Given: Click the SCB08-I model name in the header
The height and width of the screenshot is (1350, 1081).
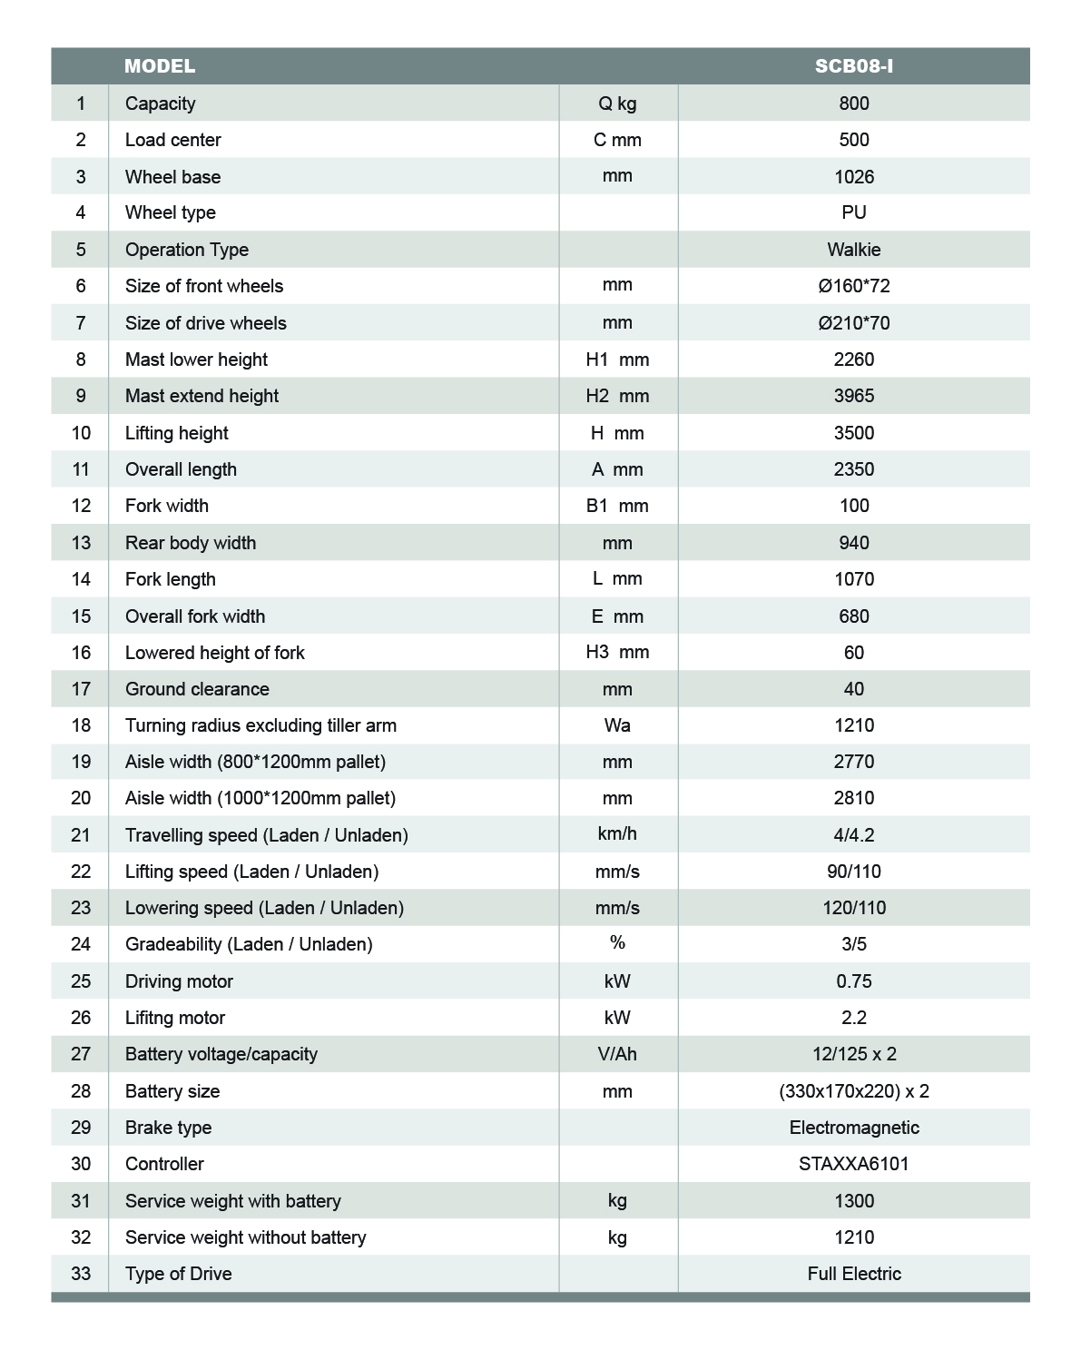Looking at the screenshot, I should [853, 66].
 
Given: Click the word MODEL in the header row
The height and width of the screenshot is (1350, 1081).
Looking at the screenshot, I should [160, 66].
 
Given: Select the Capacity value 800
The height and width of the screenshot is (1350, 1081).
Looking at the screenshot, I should [853, 103].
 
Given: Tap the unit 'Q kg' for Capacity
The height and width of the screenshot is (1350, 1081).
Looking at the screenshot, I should [617, 103].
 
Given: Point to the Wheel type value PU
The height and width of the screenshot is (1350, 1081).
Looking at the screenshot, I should [853, 212].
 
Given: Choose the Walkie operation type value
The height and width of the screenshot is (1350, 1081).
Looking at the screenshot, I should [853, 250].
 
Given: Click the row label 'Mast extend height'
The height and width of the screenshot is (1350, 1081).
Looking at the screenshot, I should [201, 396].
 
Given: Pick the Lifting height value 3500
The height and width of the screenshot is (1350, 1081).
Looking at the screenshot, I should [853, 433].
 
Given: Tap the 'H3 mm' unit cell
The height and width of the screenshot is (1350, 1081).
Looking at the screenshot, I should [617, 652].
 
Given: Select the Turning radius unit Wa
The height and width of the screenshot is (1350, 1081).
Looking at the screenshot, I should [617, 725].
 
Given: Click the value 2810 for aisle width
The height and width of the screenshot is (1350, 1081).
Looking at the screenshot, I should [853, 798].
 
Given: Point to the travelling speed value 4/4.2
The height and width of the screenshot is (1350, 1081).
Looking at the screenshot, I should [853, 835].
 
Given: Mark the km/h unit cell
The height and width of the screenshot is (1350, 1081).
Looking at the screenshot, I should [617, 834].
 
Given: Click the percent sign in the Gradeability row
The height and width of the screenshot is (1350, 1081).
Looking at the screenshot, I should [617, 943].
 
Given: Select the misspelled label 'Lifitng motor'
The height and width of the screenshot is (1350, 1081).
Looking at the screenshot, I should [175, 1018].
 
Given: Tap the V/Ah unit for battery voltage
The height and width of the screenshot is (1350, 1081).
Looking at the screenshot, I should [617, 1054].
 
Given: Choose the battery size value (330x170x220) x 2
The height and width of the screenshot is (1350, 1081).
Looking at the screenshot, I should [853, 1091].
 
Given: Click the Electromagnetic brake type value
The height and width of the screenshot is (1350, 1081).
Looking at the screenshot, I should [853, 1128].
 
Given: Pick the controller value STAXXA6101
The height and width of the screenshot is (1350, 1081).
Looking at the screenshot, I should [853, 1164].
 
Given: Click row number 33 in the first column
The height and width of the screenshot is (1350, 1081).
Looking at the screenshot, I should [81, 1274].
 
